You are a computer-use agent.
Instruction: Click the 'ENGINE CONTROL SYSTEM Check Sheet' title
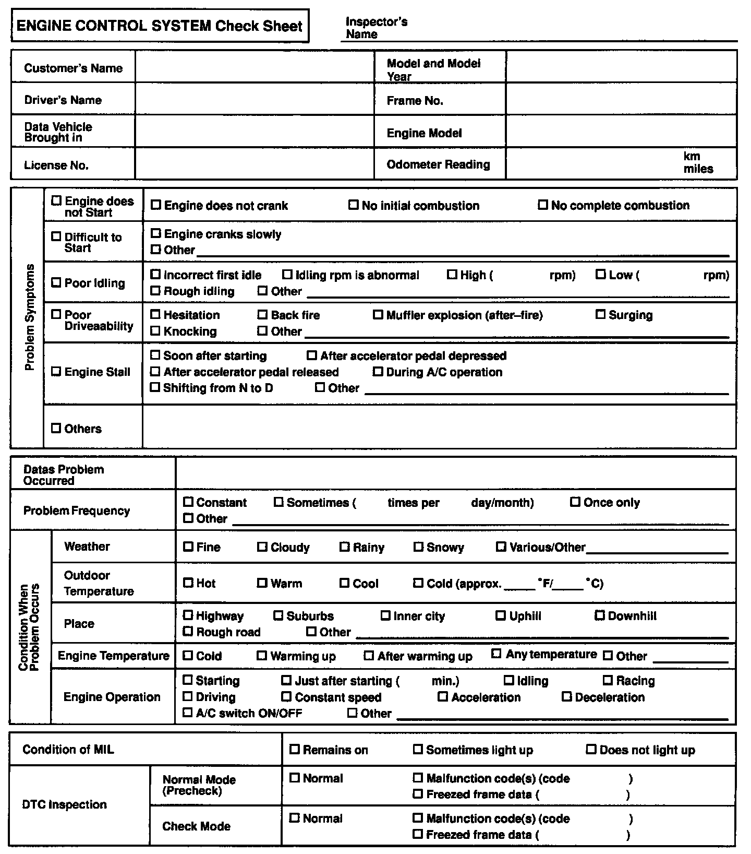[x=160, y=26]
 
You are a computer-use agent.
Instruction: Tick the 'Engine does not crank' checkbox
[x=155, y=205]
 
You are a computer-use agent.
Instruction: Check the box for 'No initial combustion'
[x=354, y=205]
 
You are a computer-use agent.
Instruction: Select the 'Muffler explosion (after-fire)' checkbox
[x=378, y=315]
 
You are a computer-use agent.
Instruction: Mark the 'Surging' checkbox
[x=601, y=315]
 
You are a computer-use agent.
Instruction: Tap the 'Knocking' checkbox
[x=155, y=331]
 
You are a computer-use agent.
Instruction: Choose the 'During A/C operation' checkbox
[x=378, y=372]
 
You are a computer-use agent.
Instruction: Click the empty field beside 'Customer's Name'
[x=255, y=67]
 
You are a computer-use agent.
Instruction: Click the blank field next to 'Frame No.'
[x=621, y=100]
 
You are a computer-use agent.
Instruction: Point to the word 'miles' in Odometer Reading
[x=698, y=169]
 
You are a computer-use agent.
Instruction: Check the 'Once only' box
[x=575, y=502]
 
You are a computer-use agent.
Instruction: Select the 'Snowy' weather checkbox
[x=418, y=547]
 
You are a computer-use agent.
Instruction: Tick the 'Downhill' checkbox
[x=600, y=615]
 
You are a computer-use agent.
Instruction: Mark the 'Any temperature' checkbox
[x=496, y=654]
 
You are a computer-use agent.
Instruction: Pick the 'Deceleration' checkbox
[x=567, y=697]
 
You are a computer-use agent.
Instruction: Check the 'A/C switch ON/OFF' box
[x=188, y=713]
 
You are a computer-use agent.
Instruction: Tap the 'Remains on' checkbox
[x=295, y=750]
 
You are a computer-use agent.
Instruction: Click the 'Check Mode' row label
[x=196, y=826]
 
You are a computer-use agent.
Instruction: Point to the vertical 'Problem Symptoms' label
[x=30, y=318]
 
